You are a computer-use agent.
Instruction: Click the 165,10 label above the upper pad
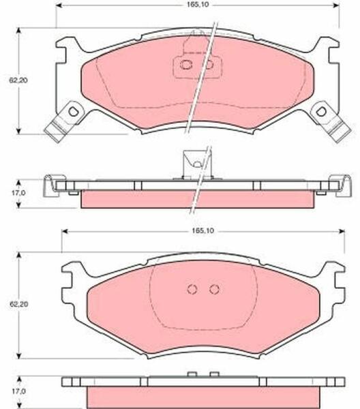coord(198,5)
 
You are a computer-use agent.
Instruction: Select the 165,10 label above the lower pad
coord(202,231)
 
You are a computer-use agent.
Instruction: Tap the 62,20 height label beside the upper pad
coord(18,80)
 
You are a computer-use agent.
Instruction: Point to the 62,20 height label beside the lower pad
coord(18,304)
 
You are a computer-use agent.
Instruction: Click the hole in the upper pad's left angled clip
coord(73,112)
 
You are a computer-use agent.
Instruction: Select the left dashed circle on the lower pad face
coord(192,289)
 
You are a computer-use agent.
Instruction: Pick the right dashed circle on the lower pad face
coord(215,289)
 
